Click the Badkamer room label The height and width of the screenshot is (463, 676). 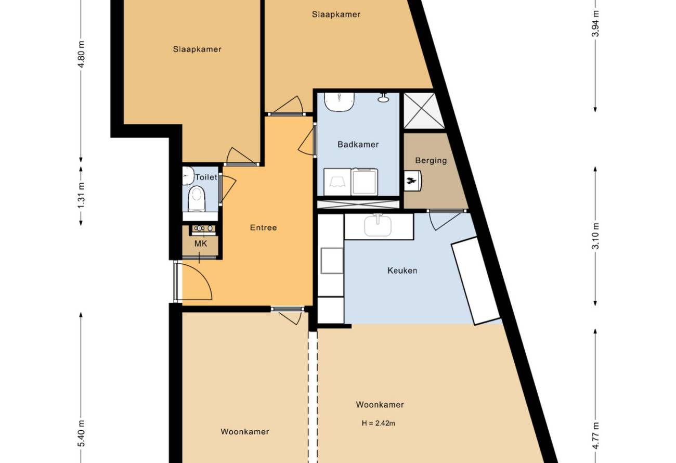[358, 145]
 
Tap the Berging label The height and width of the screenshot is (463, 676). [431, 161]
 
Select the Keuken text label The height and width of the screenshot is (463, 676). [402, 271]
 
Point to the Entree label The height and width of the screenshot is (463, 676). [263, 227]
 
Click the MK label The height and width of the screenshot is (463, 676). [201, 243]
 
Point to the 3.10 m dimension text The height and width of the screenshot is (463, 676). [595, 236]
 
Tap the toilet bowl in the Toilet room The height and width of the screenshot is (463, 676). [197, 199]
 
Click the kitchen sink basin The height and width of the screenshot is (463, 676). [378, 226]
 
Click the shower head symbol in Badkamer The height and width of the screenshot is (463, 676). [383, 98]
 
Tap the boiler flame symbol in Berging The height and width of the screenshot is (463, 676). [411, 181]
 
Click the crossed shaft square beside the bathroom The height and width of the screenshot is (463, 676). [424, 110]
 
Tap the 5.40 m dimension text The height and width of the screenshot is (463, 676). [82, 434]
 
